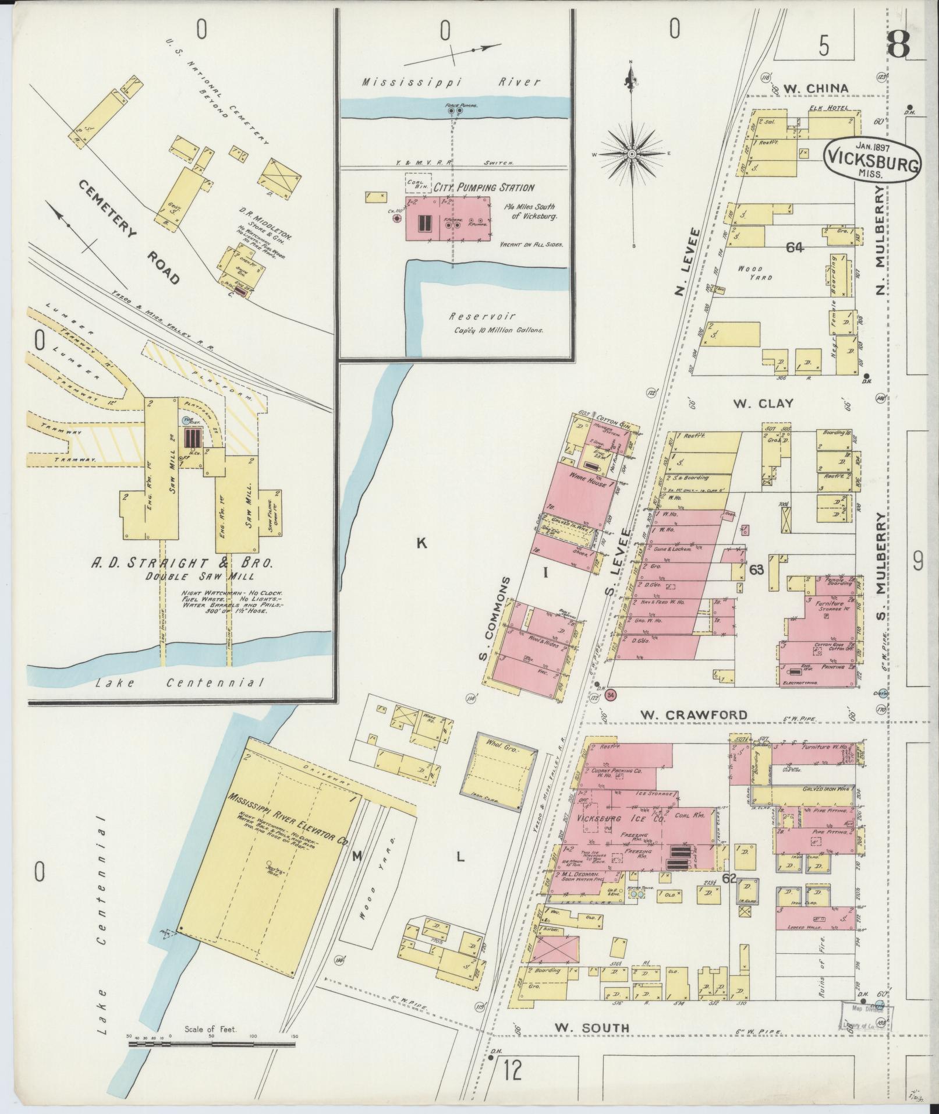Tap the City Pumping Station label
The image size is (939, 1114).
point(487,188)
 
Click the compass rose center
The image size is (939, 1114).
point(632,154)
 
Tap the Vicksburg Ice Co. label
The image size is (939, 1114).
point(621,819)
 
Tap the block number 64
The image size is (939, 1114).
point(794,248)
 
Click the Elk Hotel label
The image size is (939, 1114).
point(823,109)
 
